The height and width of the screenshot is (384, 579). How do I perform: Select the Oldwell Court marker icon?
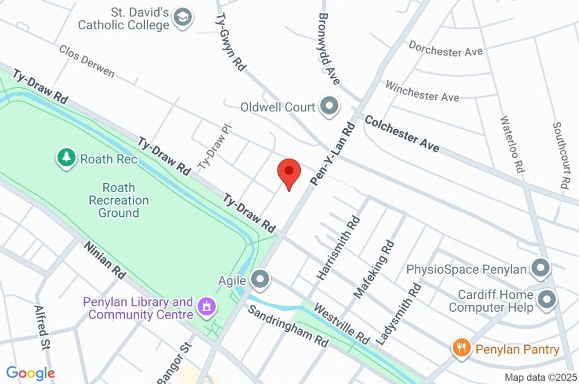[x=329, y=106]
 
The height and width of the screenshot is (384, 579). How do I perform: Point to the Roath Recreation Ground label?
[x=119, y=200]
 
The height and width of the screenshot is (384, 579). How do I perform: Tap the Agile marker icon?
[x=260, y=278]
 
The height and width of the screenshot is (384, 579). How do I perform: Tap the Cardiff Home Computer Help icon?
[x=547, y=300]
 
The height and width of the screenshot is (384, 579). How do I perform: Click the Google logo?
[x=31, y=373]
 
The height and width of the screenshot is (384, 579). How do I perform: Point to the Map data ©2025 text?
[x=541, y=377]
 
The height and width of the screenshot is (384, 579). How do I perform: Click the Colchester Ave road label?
[x=402, y=134]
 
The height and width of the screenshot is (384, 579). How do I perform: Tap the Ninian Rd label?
[x=105, y=259]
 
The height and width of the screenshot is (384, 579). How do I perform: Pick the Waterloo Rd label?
[x=512, y=144]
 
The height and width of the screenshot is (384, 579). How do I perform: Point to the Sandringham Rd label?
[x=288, y=326]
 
